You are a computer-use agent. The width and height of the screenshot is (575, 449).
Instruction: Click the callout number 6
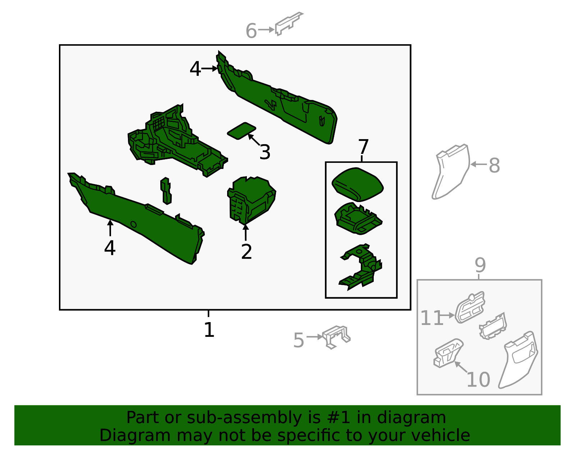pos(251,31)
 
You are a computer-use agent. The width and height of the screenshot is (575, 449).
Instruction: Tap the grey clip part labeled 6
pos(289,23)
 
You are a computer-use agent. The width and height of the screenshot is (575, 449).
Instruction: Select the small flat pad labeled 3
pos(241,130)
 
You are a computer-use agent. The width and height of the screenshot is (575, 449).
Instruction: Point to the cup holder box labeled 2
pos(251,200)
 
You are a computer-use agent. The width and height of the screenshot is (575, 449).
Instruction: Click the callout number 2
pos(247,252)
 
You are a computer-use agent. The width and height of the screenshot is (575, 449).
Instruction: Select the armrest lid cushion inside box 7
pos(358,184)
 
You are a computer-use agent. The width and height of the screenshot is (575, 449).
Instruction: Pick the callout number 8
pos(494,165)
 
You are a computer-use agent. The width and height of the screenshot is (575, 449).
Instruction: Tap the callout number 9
pos(480,265)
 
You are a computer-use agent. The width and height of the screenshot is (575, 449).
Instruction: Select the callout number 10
pos(478,380)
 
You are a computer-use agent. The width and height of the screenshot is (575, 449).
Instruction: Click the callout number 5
pos(299,340)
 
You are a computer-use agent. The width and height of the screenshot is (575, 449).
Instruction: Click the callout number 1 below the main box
pos(209,330)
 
